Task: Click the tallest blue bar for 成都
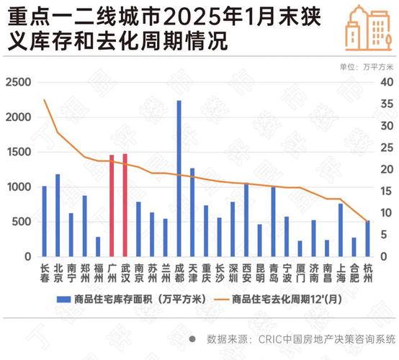pos(179,179)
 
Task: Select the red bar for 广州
pos(112,206)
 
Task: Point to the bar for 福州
pos(98,246)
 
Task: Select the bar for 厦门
pos(300,248)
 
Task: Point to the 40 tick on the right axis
pos(385,83)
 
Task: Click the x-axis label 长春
pos(45,271)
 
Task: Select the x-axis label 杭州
pos(368,271)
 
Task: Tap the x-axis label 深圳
pos(233,271)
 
